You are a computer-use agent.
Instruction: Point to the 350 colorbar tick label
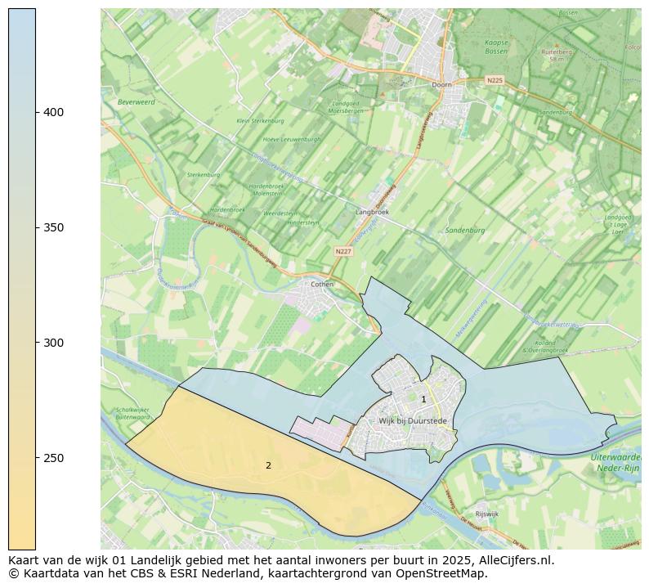tap(54, 227)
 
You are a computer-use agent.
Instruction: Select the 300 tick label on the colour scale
tap(54, 343)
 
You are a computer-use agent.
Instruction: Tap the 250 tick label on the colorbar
tap(54, 458)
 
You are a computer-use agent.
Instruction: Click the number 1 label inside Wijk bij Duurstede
tap(423, 400)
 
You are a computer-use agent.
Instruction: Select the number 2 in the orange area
tap(268, 465)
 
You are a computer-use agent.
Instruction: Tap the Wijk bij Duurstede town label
tap(413, 421)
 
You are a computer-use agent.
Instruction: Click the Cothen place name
tap(322, 285)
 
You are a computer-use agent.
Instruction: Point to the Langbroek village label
tap(372, 212)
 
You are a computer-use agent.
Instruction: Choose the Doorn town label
tap(441, 84)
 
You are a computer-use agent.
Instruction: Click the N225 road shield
tap(495, 80)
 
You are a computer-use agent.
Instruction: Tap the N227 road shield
tap(343, 251)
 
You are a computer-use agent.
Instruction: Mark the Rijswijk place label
tap(486, 514)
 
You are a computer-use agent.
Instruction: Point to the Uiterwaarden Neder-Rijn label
tap(615, 463)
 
